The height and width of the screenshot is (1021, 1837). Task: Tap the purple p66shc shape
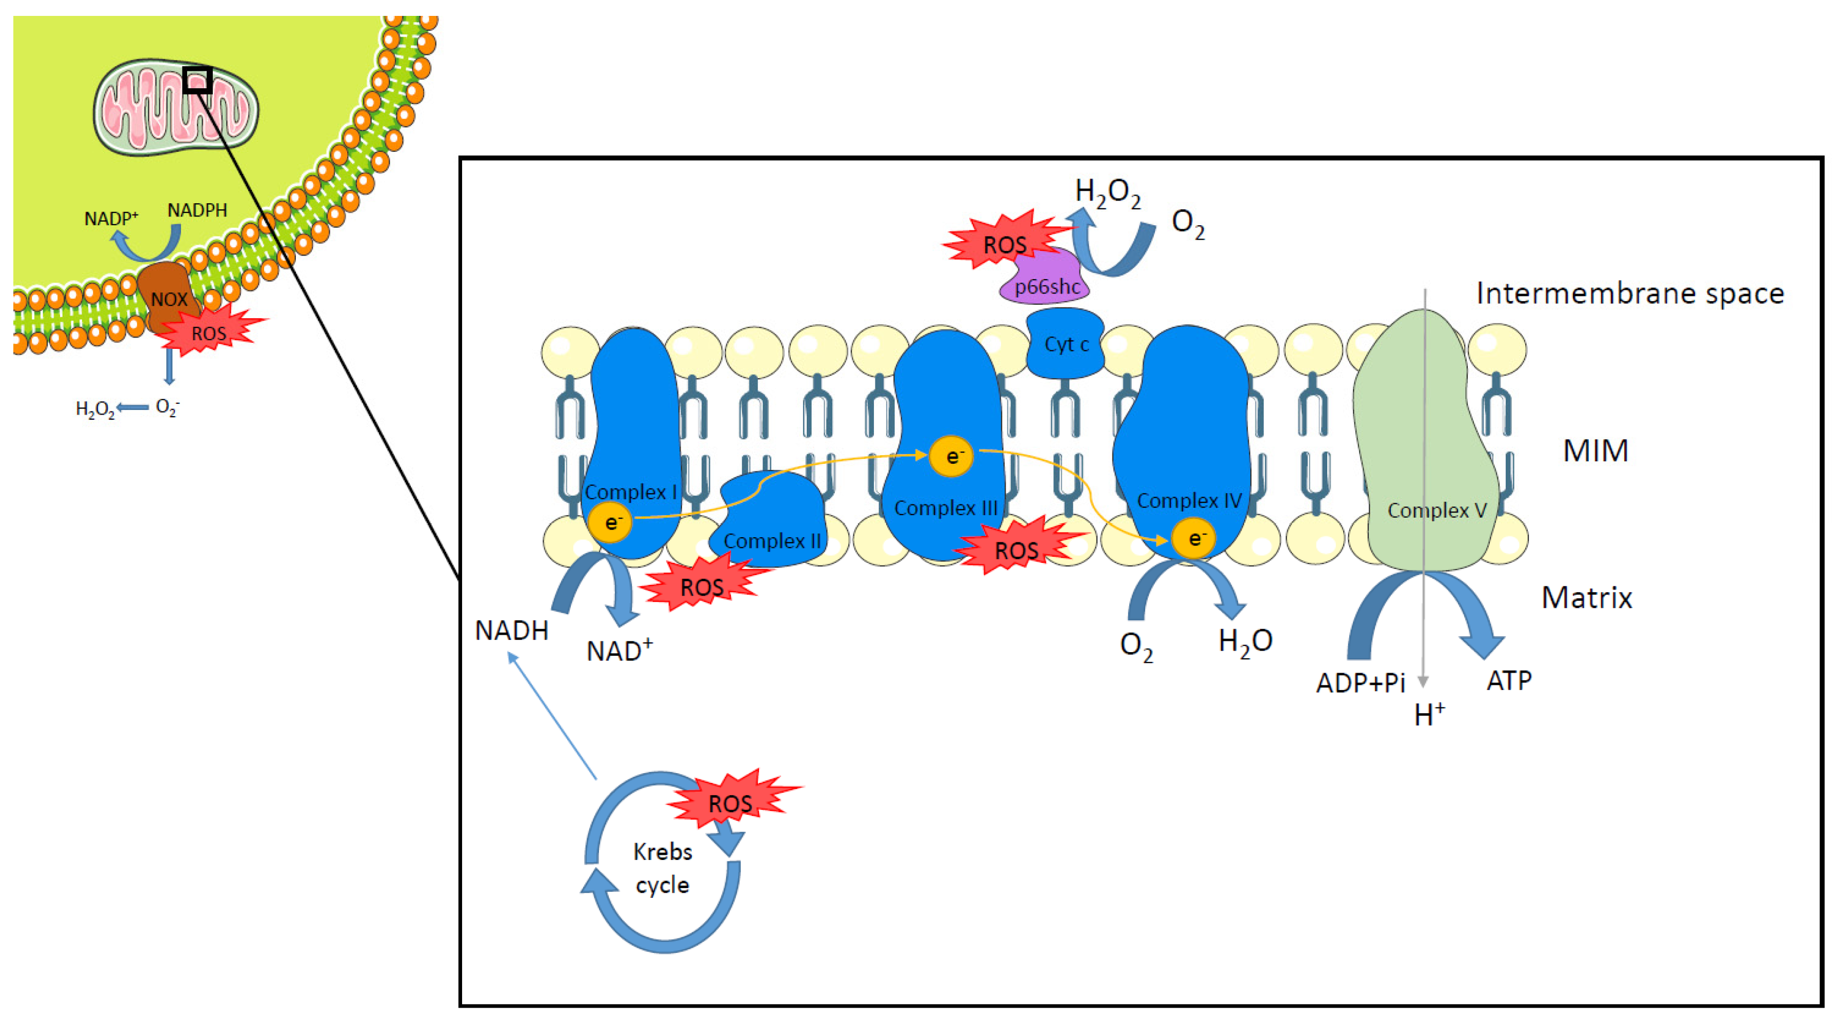(x=1046, y=282)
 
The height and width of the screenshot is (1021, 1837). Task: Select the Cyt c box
(x=1065, y=344)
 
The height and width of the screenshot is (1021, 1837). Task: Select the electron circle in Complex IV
(x=1193, y=538)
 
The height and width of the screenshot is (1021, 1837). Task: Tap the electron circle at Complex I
(x=610, y=522)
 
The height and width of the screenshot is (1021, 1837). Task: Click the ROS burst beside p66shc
(x=1004, y=243)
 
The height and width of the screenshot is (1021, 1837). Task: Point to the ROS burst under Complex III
(x=1017, y=549)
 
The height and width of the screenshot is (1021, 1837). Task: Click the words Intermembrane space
(x=1629, y=293)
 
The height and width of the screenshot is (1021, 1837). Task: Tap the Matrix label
(x=1587, y=598)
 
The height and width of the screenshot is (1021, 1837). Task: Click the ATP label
(x=1509, y=681)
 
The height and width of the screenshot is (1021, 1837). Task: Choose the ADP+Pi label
(x=1360, y=683)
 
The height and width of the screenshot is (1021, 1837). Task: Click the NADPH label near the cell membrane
(x=197, y=210)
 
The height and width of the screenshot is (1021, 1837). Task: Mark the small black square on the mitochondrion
(x=197, y=80)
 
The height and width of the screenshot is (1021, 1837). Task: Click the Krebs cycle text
(x=663, y=868)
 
